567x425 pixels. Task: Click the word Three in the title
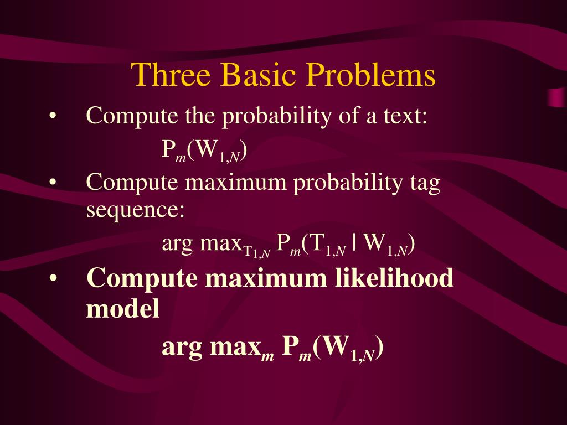point(171,75)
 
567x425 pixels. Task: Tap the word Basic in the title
point(258,75)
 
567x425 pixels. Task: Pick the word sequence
point(135,210)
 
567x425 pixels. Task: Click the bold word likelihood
point(394,278)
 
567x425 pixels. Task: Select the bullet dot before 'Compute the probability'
point(53,116)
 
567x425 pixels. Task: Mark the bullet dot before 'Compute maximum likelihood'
point(53,279)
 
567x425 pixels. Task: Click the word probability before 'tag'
point(348,184)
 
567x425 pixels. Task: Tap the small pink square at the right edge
point(557,97)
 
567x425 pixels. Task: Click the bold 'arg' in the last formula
point(182,349)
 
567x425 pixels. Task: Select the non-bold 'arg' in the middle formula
point(177,244)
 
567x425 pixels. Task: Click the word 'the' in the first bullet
point(200,116)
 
